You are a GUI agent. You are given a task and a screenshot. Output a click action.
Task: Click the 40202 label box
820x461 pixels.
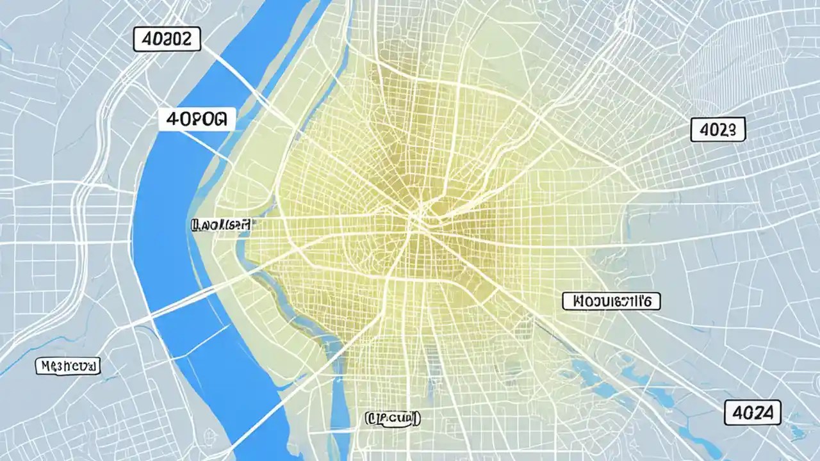[167, 40]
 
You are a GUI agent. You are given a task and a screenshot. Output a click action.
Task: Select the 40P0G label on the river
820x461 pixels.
[197, 118]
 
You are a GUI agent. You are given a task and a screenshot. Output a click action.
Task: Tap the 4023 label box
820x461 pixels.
[718, 129]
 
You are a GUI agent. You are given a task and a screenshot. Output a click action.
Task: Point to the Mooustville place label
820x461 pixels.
[611, 301]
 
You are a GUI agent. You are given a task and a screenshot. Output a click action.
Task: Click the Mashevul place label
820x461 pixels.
[67, 366]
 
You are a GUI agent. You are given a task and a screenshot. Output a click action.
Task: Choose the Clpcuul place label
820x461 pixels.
[393, 419]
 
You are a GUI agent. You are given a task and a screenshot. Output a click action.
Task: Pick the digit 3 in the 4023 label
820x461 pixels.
[736, 129]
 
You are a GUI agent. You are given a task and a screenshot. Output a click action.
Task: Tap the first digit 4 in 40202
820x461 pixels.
[145, 40]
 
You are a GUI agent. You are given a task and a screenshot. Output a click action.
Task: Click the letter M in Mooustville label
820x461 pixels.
[573, 301]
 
